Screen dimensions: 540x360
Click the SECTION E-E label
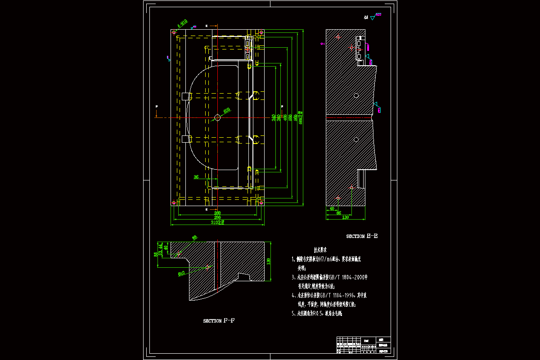pos(362,236)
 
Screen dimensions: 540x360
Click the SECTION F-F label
pos(219,321)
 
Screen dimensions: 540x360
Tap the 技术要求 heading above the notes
pos(320,249)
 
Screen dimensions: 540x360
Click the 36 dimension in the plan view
pos(196,177)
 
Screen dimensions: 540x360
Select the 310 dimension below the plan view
pos(217,222)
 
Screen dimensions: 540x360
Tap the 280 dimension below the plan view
pos(217,213)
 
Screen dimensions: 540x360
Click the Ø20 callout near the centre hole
pos(227,109)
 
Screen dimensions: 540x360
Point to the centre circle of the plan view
pos(217,117)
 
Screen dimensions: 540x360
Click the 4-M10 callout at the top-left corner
pos(182,23)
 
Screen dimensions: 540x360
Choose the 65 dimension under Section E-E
pos(339,213)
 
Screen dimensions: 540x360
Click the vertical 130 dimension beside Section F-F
pos(269,261)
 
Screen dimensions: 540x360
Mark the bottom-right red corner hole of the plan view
pos(261,203)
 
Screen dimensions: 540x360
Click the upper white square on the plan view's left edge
pos(185,96)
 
